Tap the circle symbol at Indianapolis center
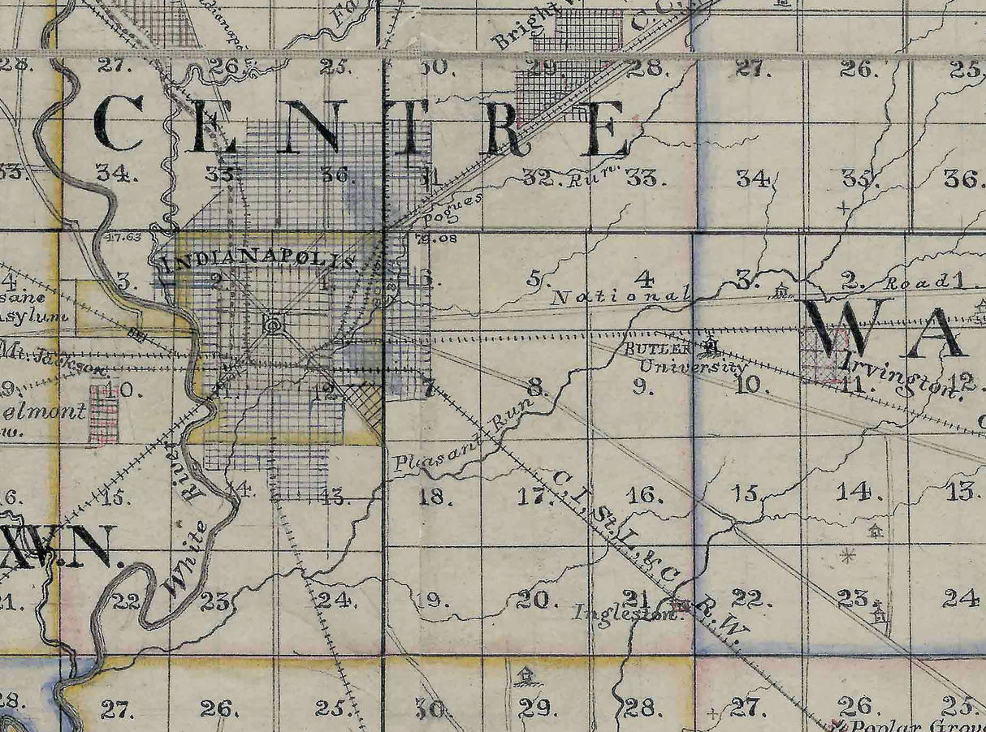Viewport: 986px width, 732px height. coord(274,325)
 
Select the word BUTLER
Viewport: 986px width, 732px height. coord(658,349)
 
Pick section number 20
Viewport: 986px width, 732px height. coord(536,601)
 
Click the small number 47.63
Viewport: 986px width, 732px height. coord(123,238)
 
